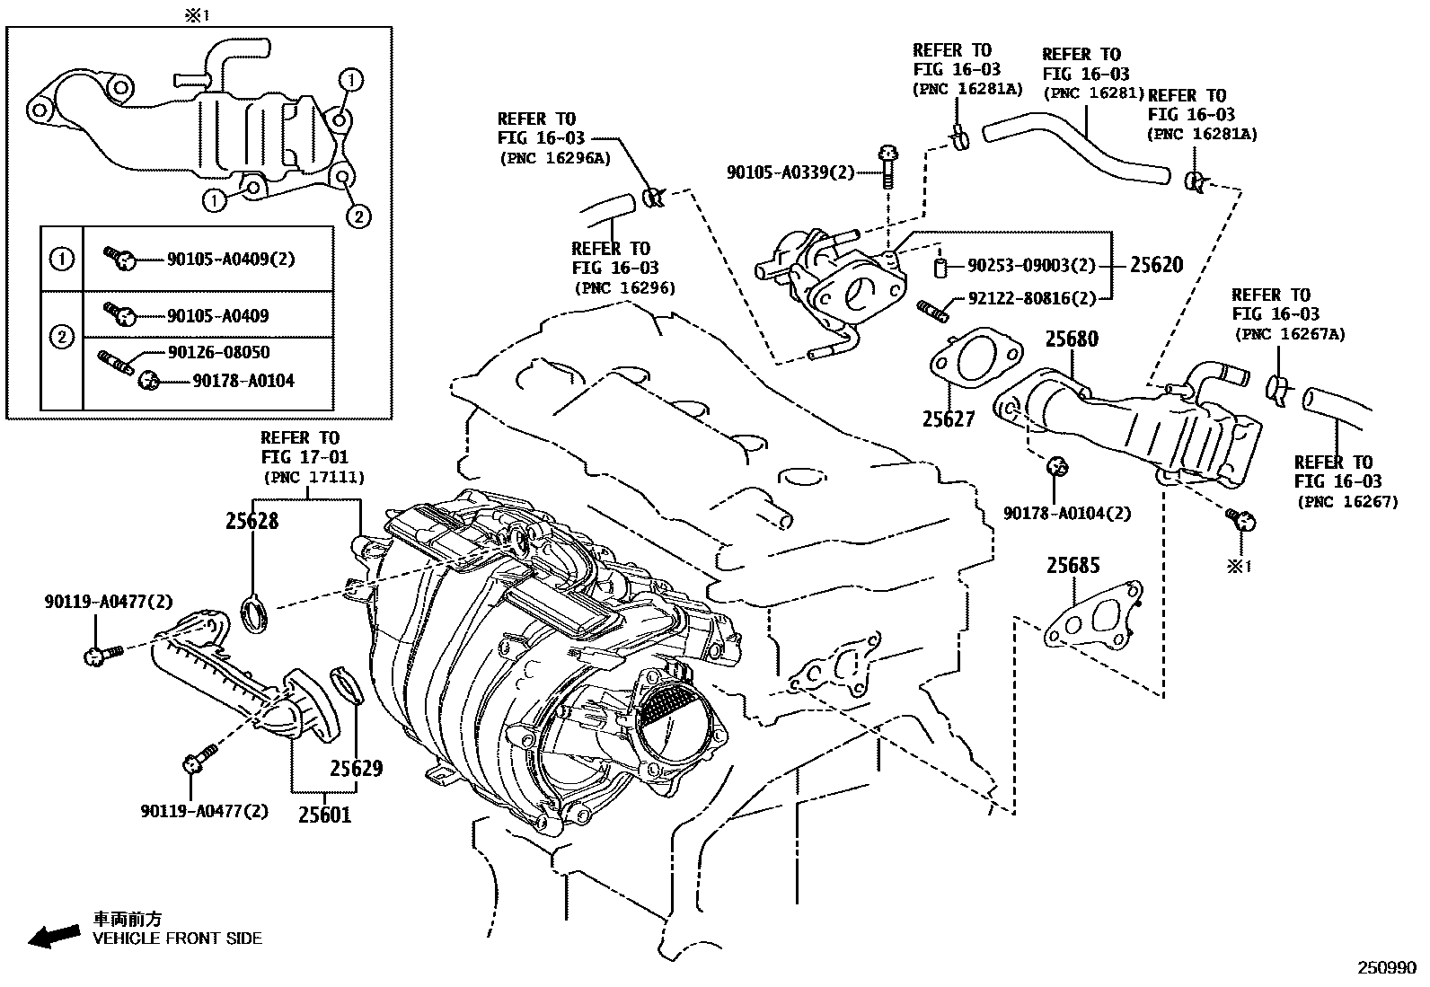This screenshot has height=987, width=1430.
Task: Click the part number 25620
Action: point(1156,265)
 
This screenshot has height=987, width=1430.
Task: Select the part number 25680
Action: point(1072,339)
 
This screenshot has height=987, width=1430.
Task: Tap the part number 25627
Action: point(948,419)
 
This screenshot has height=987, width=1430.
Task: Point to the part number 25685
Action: point(1072,566)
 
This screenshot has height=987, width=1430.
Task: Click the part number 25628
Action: point(252,521)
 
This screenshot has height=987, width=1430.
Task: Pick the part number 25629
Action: point(356,769)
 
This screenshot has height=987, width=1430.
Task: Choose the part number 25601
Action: point(325,815)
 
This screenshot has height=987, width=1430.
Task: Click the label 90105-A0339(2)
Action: point(790,172)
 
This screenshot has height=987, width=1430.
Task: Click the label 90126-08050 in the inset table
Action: point(218,352)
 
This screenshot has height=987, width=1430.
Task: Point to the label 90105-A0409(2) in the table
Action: point(231,260)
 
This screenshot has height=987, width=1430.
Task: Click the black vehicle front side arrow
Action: point(52,936)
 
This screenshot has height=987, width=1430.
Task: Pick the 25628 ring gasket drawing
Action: point(255,615)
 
